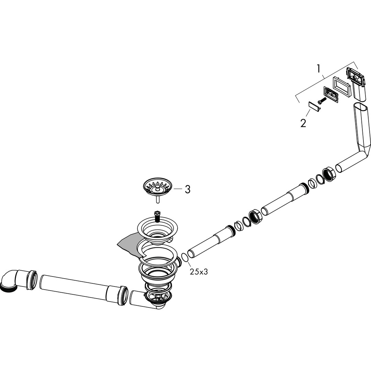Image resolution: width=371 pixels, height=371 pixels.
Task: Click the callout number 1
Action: (x=318, y=69)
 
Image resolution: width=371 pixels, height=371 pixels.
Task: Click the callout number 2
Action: (x=303, y=123)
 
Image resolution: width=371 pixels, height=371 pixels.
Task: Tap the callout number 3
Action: (x=188, y=189)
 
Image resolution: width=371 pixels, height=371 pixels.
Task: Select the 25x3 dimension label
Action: (x=199, y=272)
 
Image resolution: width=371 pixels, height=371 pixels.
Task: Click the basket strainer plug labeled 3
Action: (x=157, y=187)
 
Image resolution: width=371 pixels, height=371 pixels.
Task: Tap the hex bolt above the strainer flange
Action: (x=156, y=216)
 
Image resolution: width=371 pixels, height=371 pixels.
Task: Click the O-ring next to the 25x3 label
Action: (x=185, y=257)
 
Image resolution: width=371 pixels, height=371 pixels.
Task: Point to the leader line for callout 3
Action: (x=178, y=189)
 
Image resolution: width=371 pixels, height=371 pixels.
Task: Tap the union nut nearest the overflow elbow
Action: (x=329, y=175)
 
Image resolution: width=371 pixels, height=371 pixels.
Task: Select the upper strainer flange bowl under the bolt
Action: (x=157, y=231)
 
